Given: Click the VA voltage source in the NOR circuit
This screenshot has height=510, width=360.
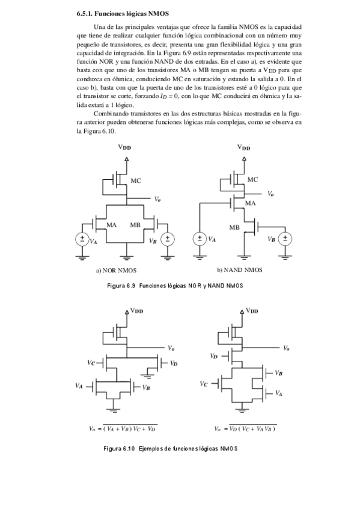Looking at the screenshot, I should tap(82, 239).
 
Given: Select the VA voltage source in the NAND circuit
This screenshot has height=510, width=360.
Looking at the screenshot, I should tap(200, 239).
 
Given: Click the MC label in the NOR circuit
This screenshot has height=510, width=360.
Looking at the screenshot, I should tap(136, 180).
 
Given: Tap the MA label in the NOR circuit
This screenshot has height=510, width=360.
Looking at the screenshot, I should tap(111, 225).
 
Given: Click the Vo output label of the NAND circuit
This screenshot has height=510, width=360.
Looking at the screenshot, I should tap(270, 194).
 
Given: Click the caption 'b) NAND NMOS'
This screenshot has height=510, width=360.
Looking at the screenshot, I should tap(240, 270).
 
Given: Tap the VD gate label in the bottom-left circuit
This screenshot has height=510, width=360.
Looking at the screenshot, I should tap(173, 363).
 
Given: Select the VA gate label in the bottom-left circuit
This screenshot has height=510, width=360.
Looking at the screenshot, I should tap(79, 386).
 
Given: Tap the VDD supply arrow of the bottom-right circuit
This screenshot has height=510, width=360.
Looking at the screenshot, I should tap(243, 313).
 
